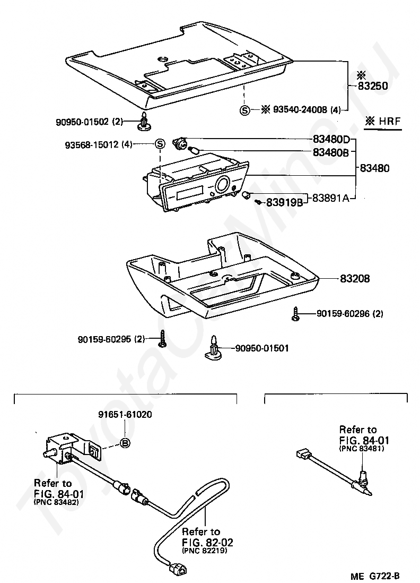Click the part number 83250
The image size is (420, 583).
pyautogui.click(x=372, y=86)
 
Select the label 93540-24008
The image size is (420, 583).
pyautogui.click(x=300, y=110)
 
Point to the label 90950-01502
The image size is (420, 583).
pyautogui.click(x=82, y=122)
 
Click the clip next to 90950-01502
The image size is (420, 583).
pyautogui.click(x=143, y=121)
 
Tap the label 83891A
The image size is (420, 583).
pyautogui.click(x=331, y=198)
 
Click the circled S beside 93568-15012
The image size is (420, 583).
pyautogui.click(x=160, y=143)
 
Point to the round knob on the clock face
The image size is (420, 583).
pyautogui.click(x=222, y=185)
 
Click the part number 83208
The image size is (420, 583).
pyautogui.click(x=355, y=278)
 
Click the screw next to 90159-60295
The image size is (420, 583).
pyautogui.click(x=162, y=338)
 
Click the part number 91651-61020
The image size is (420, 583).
pyautogui.click(x=125, y=414)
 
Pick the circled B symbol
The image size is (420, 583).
pyautogui.click(x=125, y=443)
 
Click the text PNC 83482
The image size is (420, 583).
pyautogui.click(x=56, y=502)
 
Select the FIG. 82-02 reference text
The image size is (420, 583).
pyautogui.click(x=207, y=542)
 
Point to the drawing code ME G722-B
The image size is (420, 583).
pyautogui.click(x=375, y=576)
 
